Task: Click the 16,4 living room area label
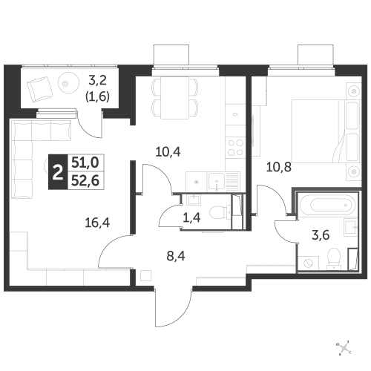click(x=97, y=223)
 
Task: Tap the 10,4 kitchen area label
click(x=168, y=152)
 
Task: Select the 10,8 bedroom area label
click(x=279, y=167)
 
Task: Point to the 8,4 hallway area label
click(x=176, y=256)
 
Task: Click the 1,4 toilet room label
click(x=191, y=217)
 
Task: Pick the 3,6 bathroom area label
click(x=321, y=235)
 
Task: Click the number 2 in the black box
click(x=58, y=172)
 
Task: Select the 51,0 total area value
click(x=85, y=162)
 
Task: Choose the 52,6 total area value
click(x=85, y=181)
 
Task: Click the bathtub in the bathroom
click(x=328, y=204)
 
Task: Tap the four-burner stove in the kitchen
click(x=235, y=148)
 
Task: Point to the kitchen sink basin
click(x=217, y=182)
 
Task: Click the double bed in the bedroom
click(x=325, y=131)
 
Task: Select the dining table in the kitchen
click(x=174, y=98)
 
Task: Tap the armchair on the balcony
click(x=40, y=89)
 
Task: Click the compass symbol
click(x=344, y=348)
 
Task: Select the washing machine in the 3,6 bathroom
click(x=309, y=263)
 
